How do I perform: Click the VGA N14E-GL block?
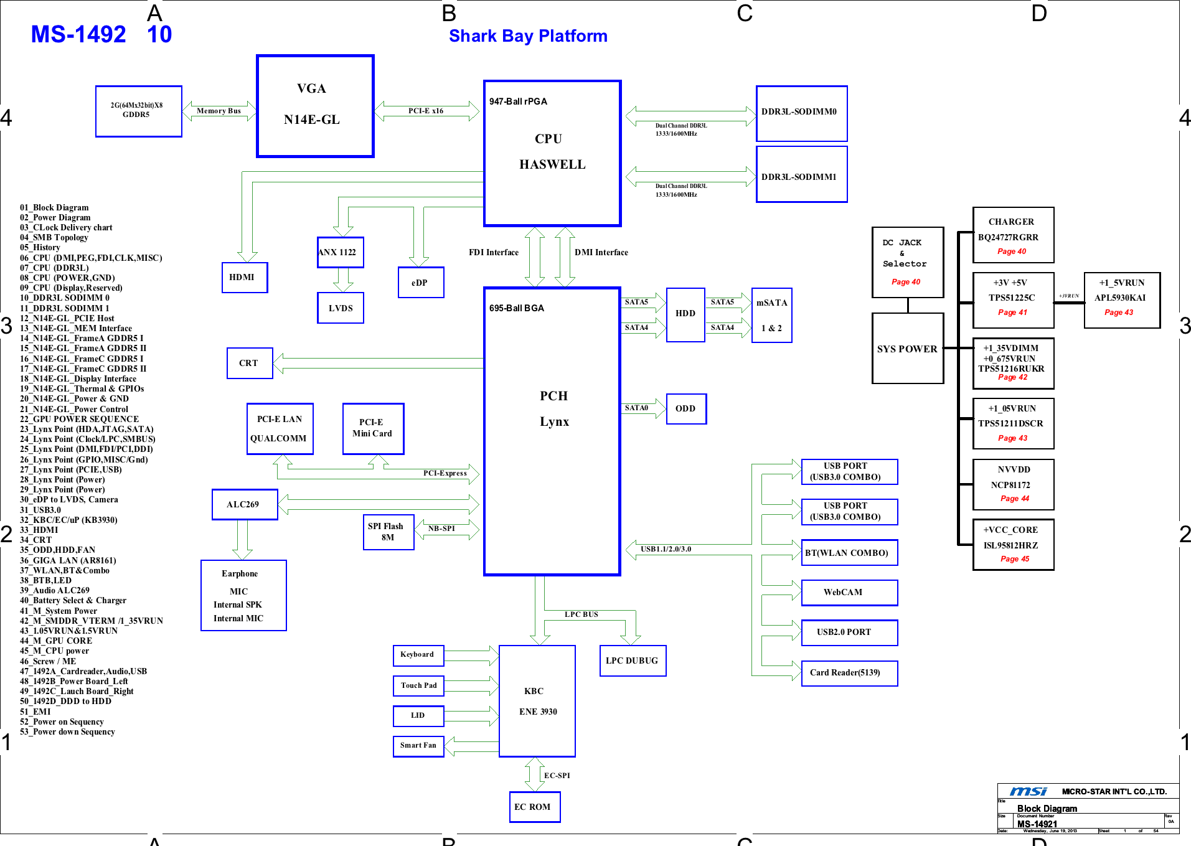click(x=315, y=106)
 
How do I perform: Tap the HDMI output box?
click(x=245, y=278)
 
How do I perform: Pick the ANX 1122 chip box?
click(x=340, y=252)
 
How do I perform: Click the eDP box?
click(x=421, y=283)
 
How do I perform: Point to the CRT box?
click(x=250, y=363)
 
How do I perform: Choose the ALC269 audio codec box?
click(x=245, y=504)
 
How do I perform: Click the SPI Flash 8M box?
click(x=388, y=532)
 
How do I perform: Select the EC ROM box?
click(x=534, y=807)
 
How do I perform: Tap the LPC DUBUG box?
click(x=633, y=660)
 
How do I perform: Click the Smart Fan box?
click(x=418, y=745)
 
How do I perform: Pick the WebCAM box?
click(x=849, y=592)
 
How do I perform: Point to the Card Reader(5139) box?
click(x=849, y=673)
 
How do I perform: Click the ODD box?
click(x=686, y=408)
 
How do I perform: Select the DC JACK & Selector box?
click(x=907, y=262)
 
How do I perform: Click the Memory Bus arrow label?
click(x=219, y=111)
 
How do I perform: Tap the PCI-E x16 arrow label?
click(x=426, y=111)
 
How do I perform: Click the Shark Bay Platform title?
click(x=528, y=36)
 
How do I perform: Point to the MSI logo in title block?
click(x=1028, y=791)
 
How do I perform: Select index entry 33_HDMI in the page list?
click(x=39, y=530)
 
